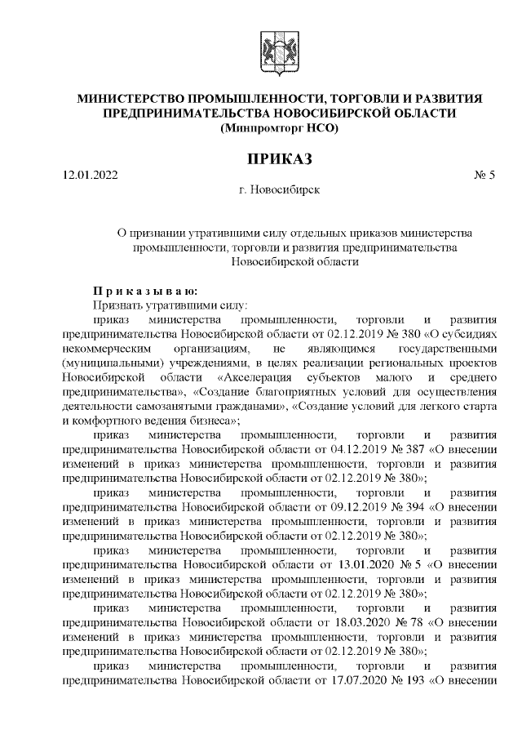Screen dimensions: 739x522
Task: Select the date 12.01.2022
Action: tap(90, 175)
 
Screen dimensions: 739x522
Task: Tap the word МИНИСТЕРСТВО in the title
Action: tap(129, 99)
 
